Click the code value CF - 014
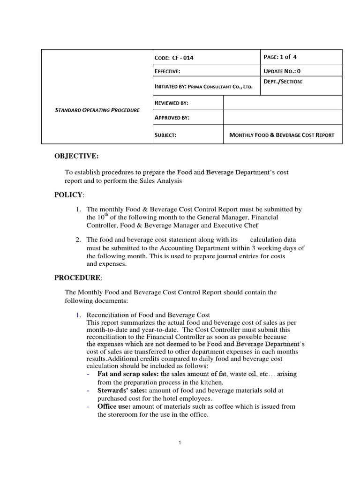(183, 58)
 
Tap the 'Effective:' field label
(167, 71)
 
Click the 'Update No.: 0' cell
(283, 71)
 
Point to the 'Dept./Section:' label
(283, 82)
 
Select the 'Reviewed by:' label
(172, 103)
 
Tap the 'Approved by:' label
(172, 117)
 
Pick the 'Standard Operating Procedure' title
(97, 110)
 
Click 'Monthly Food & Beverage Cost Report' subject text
(282, 135)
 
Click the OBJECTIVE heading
(77, 156)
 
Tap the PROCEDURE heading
(77, 277)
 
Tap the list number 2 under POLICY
(78, 240)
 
